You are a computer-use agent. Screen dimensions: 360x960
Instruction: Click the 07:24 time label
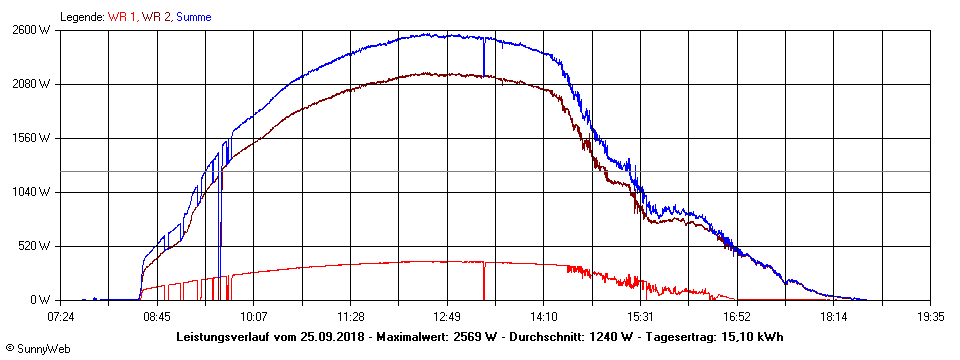[x=60, y=317]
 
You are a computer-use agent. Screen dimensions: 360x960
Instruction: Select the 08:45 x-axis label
[x=157, y=317]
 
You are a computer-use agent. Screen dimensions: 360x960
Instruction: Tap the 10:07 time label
[x=253, y=317]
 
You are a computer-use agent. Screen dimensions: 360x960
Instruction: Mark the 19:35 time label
[x=930, y=317]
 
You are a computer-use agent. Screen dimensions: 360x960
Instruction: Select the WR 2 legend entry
[x=156, y=17]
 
